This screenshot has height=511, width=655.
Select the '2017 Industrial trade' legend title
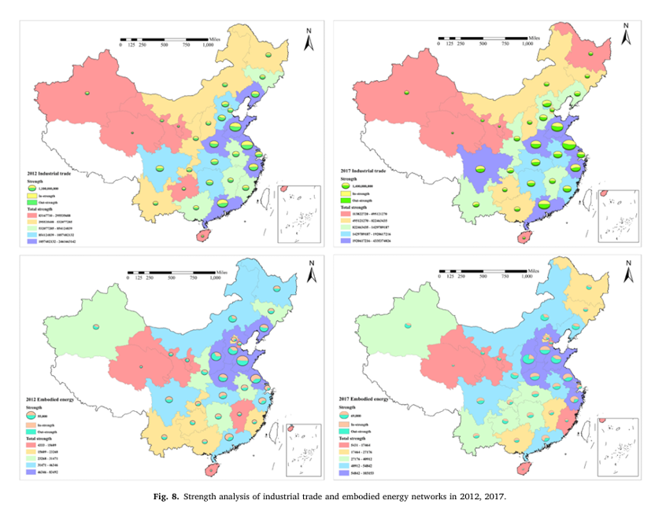pyautogui.click(x=358, y=170)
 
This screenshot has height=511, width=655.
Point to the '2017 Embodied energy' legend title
pyautogui.click(x=358, y=399)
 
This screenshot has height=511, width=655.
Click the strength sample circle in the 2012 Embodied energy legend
pyautogui.click(x=32, y=414)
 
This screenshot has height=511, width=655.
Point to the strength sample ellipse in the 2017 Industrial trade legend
pyautogui.click(x=347, y=185)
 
